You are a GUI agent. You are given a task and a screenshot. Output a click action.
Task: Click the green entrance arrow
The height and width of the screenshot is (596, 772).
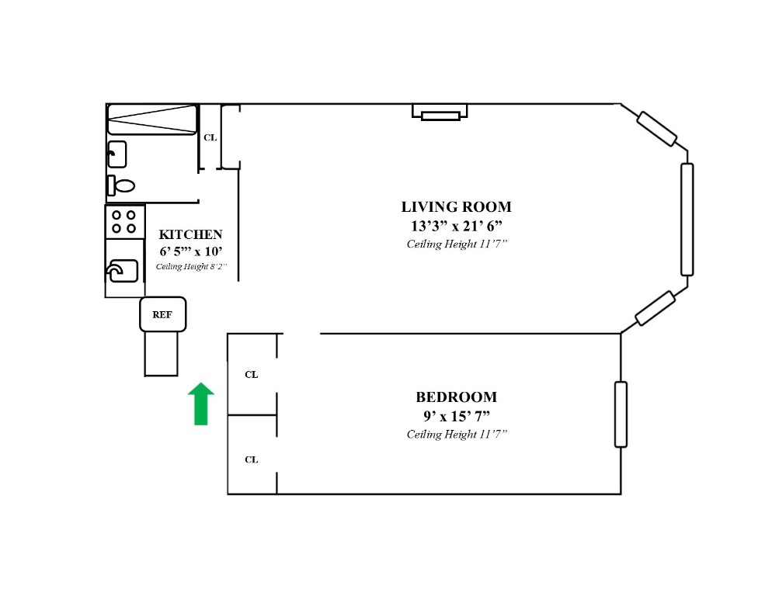pyautogui.click(x=201, y=404)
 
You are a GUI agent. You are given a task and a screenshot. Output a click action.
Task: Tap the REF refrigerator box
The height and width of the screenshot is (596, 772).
pyautogui.click(x=162, y=314)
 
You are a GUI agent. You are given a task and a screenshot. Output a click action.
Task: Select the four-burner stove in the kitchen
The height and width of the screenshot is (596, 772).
pyautogui.click(x=124, y=221)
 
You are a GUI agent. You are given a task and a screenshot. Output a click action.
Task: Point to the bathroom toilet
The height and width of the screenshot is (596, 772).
pyautogui.click(x=120, y=185)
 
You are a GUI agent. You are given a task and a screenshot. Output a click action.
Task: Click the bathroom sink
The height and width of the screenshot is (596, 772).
pyautogui.click(x=116, y=154)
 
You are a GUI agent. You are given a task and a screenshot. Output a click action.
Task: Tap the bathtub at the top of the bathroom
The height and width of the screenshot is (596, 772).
pyautogui.click(x=151, y=120)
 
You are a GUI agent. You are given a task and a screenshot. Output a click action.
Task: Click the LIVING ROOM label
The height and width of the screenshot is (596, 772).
pyautogui.click(x=456, y=207)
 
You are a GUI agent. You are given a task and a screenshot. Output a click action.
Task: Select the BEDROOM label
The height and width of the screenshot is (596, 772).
pyautogui.click(x=456, y=397)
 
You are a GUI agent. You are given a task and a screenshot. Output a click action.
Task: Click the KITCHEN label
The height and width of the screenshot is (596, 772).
pyautogui.click(x=190, y=234)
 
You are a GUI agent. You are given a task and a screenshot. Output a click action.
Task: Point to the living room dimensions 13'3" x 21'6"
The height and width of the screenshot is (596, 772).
pyautogui.click(x=456, y=226)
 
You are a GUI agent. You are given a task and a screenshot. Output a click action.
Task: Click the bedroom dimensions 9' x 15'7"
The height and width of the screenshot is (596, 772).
pyautogui.click(x=456, y=415)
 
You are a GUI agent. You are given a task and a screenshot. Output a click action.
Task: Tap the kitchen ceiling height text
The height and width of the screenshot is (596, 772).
pyautogui.click(x=190, y=267)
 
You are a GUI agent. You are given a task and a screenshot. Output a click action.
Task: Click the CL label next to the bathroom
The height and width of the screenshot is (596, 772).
pyautogui.click(x=210, y=138)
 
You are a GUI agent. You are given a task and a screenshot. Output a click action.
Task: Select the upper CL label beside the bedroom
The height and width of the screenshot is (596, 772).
pyautogui.click(x=251, y=374)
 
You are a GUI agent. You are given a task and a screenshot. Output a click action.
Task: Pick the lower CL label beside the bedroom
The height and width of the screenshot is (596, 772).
pyautogui.click(x=251, y=459)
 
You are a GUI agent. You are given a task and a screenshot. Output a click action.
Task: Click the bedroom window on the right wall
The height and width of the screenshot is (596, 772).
pyautogui.click(x=621, y=414)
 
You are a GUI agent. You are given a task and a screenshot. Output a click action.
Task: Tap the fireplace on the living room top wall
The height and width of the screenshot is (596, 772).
pyautogui.click(x=440, y=112)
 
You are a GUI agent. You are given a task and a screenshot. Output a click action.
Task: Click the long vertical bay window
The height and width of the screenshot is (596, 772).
pyautogui.click(x=687, y=220)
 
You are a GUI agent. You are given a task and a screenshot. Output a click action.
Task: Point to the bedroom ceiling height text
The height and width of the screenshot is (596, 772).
pyautogui.click(x=456, y=435)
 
